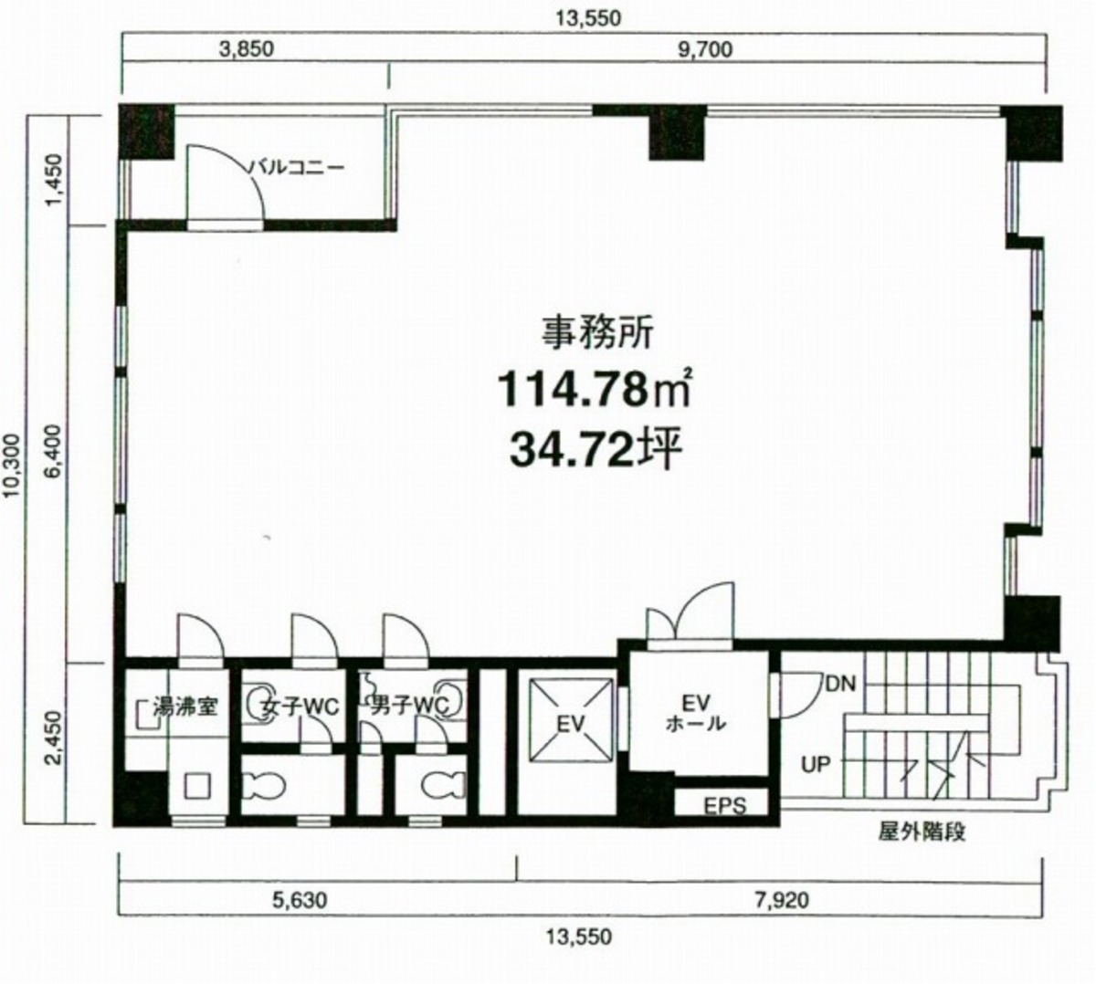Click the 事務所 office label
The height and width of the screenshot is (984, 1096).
pyautogui.click(x=597, y=332)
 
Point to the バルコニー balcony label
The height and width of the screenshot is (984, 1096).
pyautogui.click(x=295, y=166)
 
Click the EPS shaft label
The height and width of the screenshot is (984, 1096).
pyautogui.click(x=725, y=806)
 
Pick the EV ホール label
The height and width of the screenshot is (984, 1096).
pyautogui.click(x=695, y=713)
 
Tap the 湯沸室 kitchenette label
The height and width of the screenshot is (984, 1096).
pyautogui.click(x=185, y=707)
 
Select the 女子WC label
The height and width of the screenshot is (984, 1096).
pyautogui.click(x=300, y=707)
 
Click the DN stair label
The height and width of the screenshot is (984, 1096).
pyautogui.click(x=840, y=684)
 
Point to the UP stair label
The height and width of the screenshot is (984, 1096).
pyautogui.click(x=816, y=765)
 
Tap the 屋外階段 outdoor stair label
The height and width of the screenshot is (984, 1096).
pyautogui.click(x=922, y=832)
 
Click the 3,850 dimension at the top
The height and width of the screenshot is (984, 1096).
pyautogui.click(x=247, y=49)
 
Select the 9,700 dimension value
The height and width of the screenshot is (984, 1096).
pyautogui.click(x=705, y=49)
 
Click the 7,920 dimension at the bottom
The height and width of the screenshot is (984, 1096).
pyautogui.click(x=781, y=900)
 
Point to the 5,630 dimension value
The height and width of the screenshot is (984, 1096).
pyautogui.click(x=300, y=900)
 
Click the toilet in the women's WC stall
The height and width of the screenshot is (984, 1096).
pyautogui.click(x=263, y=785)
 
